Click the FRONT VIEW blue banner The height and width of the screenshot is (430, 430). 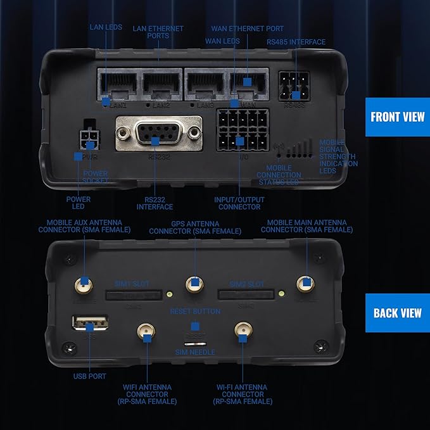click(x=398, y=117)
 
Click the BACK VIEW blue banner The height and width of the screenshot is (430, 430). click(x=398, y=313)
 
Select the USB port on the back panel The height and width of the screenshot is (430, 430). click(x=90, y=327)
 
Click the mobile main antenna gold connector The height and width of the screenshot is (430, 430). click(x=305, y=284)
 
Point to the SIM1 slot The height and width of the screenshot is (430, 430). click(x=133, y=294)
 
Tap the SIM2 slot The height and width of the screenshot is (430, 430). click(x=247, y=294)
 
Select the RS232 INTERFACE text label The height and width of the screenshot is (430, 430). click(x=154, y=203)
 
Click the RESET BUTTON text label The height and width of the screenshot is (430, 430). click(x=195, y=312)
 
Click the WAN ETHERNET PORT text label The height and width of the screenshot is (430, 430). click(x=248, y=28)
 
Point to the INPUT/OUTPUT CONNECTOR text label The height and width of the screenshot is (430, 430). click(x=239, y=203)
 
